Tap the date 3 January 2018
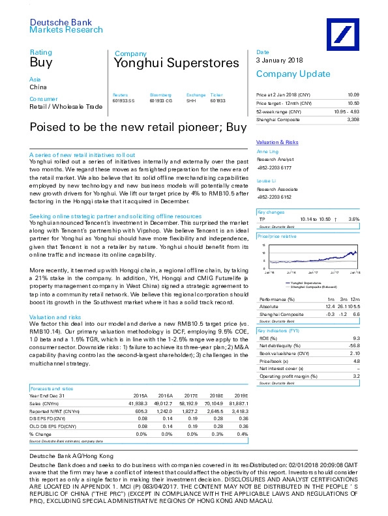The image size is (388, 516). point(280,61)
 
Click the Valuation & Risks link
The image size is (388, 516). point(277,141)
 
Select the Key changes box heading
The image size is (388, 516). point(270,212)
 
